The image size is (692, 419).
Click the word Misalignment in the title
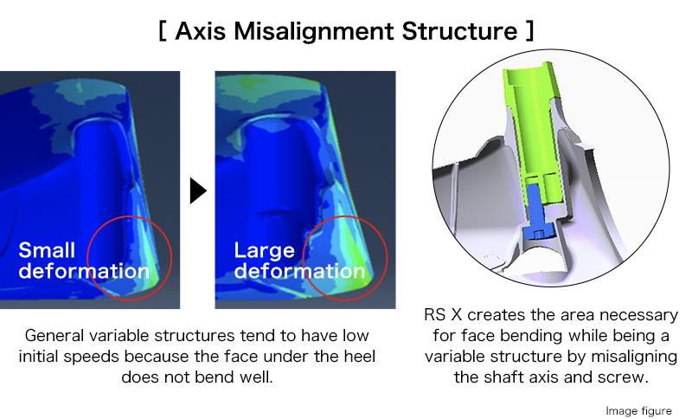click(314, 31)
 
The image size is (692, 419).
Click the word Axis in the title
click(201, 31)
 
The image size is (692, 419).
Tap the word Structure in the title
click(459, 31)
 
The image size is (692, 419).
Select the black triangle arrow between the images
click(198, 190)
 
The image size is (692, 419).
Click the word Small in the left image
click(47, 250)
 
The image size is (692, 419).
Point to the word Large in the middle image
click(264, 250)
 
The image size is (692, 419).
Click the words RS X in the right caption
click(443, 315)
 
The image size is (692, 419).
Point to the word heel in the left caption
click(359, 357)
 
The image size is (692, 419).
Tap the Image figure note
click(638, 411)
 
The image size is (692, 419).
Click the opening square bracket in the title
click(163, 31)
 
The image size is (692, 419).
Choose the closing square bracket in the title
click(529, 31)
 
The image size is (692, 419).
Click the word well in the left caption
click(256, 377)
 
